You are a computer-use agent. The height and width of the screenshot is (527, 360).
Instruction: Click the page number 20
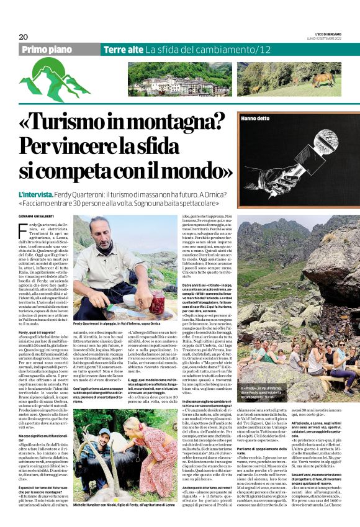tap(23, 36)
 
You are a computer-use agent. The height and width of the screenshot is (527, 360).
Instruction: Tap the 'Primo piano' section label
tap(47, 50)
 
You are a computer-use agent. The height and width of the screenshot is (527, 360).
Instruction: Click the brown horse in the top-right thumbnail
tap(323, 79)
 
